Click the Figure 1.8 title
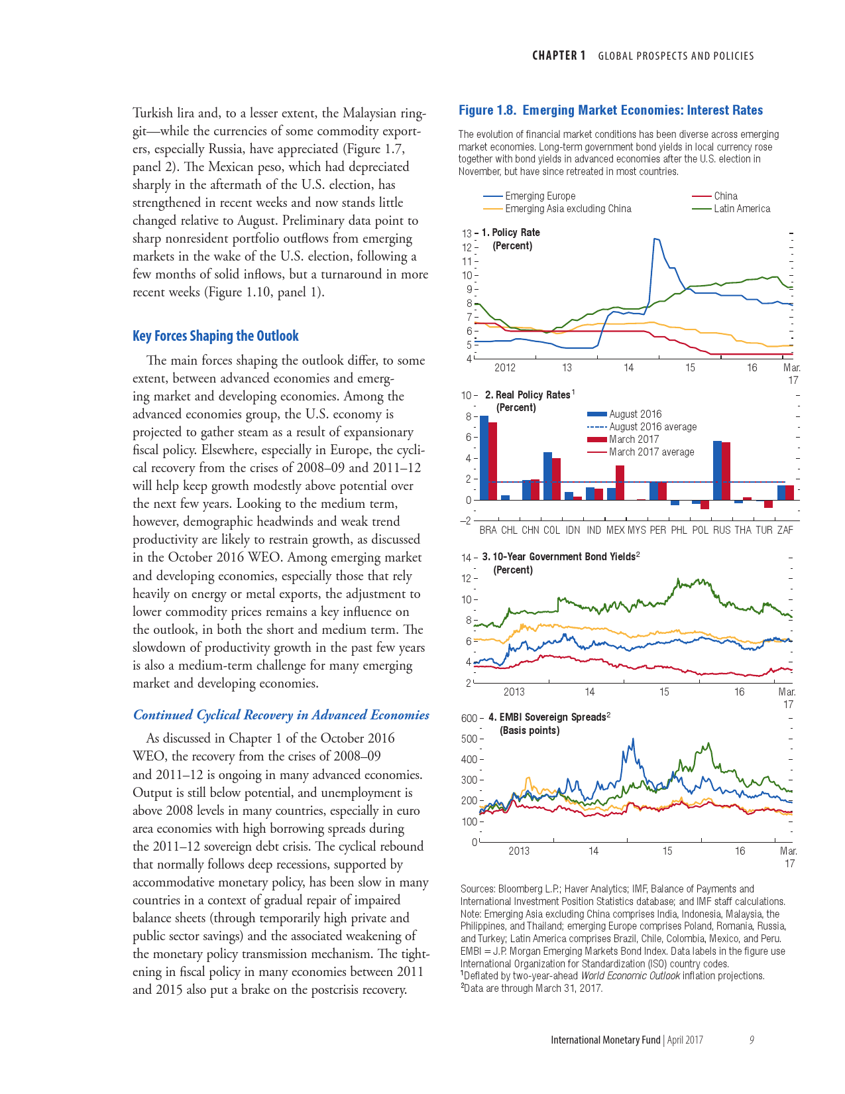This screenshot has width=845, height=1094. click(610, 110)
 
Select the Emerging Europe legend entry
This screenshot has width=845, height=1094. click(539, 196)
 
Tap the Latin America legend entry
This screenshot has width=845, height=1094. click(742, 209)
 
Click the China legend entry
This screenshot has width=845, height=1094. click(725, 196)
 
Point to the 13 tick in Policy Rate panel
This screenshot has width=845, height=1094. click(467, 233)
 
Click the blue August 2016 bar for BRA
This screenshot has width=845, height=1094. click(484, 457)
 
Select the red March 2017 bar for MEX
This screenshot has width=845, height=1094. click(620, 483)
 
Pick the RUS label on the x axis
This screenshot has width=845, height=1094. click(722, 530)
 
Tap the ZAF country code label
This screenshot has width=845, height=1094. click(785, 530)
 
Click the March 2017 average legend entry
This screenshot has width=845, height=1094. click(651, 452)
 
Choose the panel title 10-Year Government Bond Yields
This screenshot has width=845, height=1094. click(563, 557)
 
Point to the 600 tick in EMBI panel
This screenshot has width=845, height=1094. click(469, 718)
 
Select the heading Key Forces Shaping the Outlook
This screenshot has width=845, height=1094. click(215, 336)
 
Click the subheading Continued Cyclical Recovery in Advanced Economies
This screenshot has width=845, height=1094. click(281, 715)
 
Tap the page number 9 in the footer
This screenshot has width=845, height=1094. click(752, 1040)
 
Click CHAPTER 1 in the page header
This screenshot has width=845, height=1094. click(559, 56)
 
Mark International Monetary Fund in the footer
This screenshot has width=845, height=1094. click(605, 1040)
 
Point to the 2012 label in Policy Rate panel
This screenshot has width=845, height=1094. click(505, 367)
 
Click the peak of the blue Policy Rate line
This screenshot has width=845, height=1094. click(655, 239)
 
